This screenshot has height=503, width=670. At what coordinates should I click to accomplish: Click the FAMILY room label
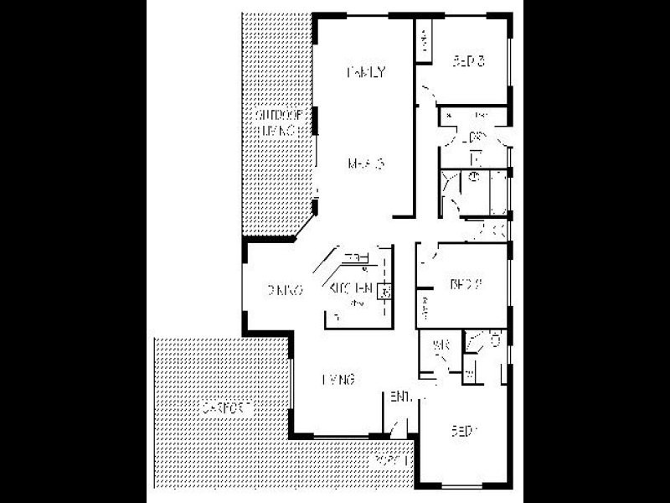366,72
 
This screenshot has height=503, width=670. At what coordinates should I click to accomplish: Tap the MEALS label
366,163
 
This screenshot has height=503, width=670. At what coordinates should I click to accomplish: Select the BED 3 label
469,61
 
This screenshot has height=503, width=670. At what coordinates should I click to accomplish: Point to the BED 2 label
466,284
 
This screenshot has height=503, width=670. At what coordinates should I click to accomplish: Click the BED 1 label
465,432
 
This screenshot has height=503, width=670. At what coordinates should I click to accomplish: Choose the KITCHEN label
351,289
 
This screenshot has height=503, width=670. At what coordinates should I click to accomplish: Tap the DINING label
285,291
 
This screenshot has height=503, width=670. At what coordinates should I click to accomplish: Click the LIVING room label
339,380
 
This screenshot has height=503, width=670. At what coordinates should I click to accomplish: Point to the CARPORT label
227,408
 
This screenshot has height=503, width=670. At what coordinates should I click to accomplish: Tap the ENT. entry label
399,397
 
